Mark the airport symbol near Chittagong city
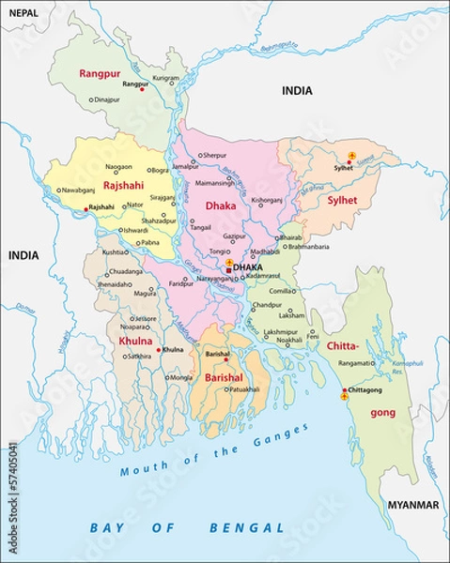pyautogui.click(x=344, y=397)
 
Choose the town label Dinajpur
pyautogui.click(x=107, y=99)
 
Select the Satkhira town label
pyautogui.click(x=138, y=357)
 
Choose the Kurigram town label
pyautogui.click(x=165, y=79)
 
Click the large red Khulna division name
pyautogui.click(x=134, y=341)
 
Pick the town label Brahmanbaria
pyautogui.click(x=303, y=247)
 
